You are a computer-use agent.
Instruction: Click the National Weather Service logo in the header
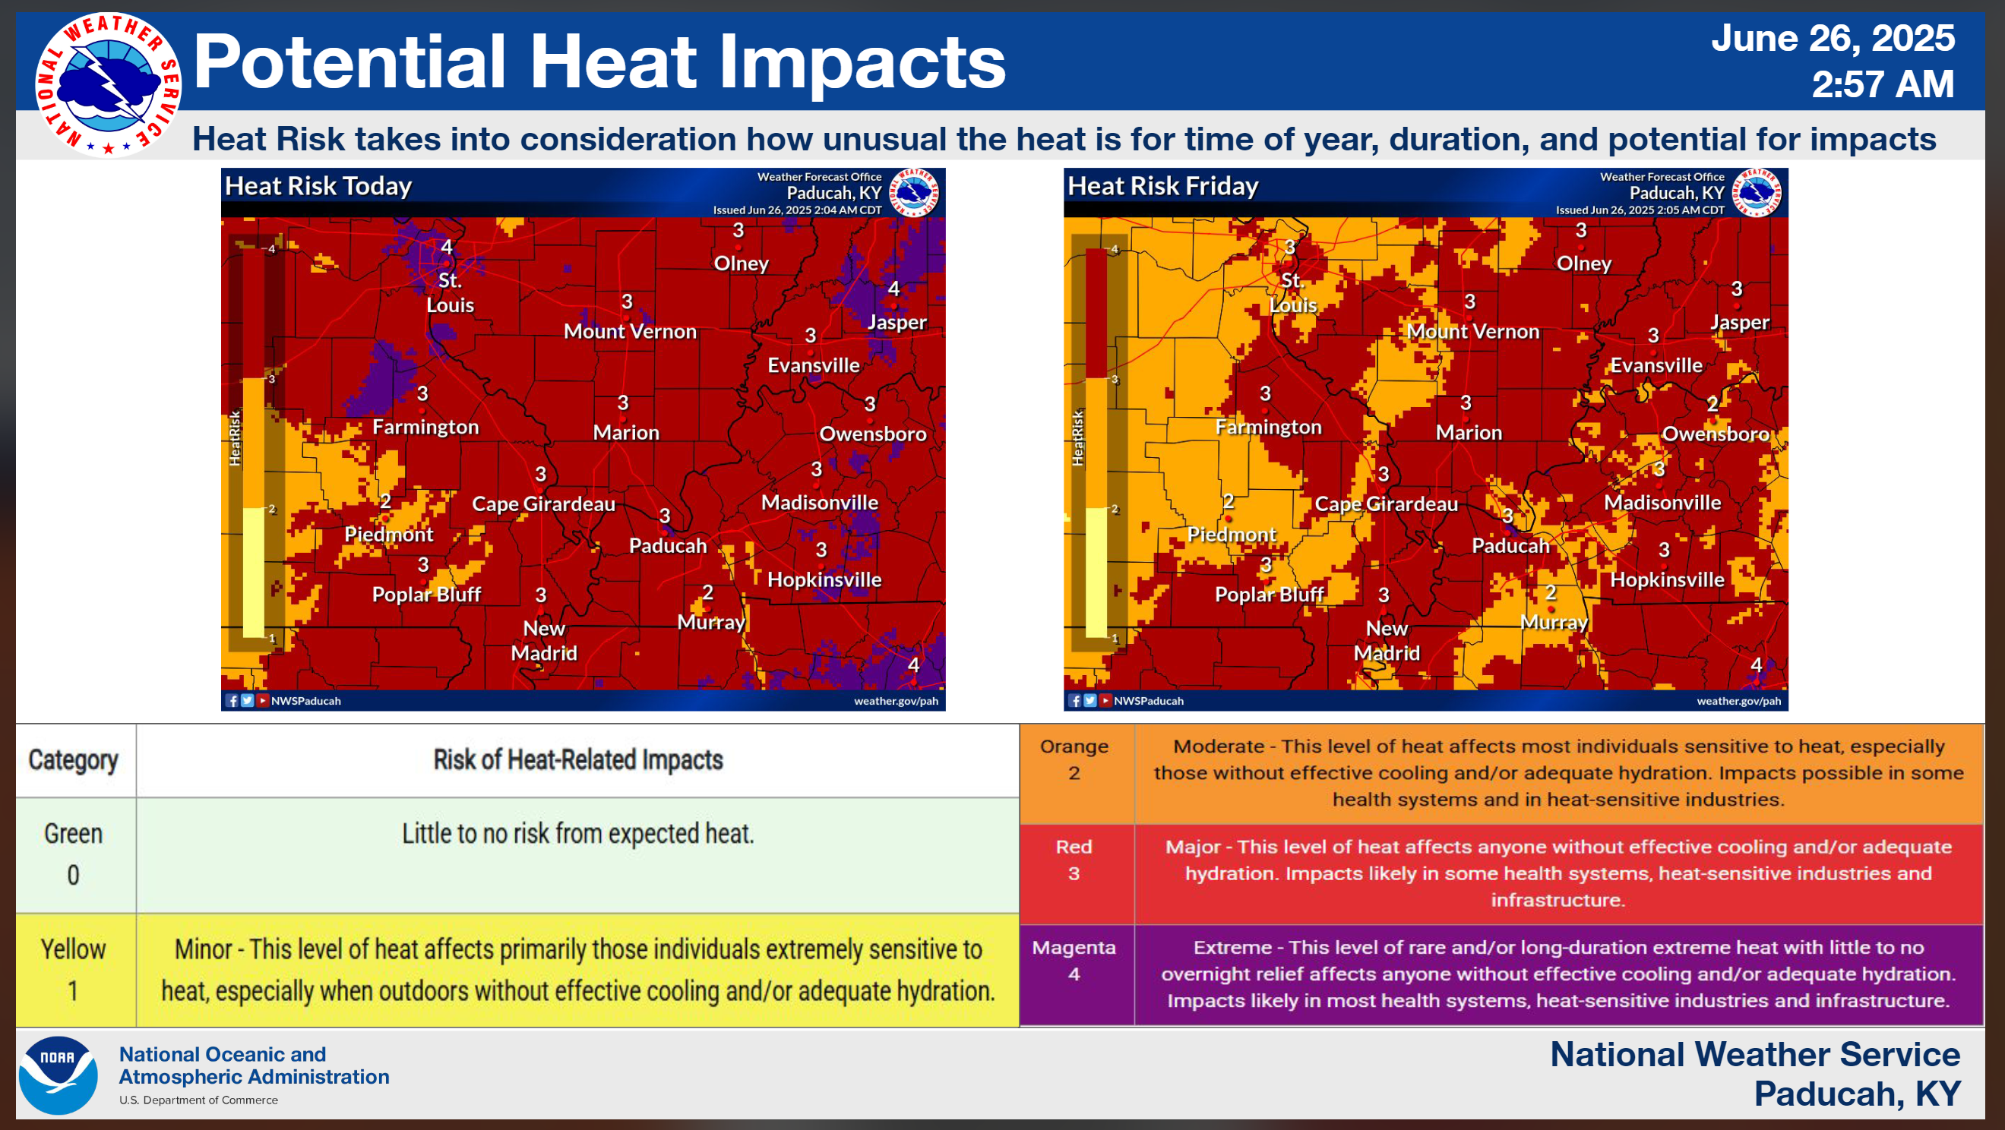pyautogui.click(x=108, y=84)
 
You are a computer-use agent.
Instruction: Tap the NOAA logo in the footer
pyautogui.click(x=59, y=1075)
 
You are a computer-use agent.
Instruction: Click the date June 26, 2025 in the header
pyautogui.click(x=1833, y=38)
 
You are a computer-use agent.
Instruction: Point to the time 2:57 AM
pyautogui.click(x=1883, y=84)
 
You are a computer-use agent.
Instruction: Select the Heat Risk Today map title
pyautogui.click(x=318, y=186)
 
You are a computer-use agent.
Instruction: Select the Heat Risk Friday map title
pyautogui.click(x=1163, y=186)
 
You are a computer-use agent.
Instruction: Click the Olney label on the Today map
pyautogui.click(x=741, y=263)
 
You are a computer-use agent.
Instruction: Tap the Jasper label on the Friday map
pyautogui.click(x=1740, y=322)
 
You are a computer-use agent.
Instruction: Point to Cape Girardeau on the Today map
pyautogui.click(x=543, y=504)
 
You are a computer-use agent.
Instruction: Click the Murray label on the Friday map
pyautogui.click(x=1554, y=623)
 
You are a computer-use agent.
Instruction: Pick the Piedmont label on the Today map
pyautogui.click(x=388, y=535)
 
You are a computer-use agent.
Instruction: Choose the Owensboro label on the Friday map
pyautogui.click(x=1716, y=434)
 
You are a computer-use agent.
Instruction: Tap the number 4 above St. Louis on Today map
pyautogui.click(x=447, y=247)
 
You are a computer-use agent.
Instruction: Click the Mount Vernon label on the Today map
pyautogui.click(x=630, y=332)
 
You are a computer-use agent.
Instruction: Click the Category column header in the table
pyautogui.click(x=73, y=759)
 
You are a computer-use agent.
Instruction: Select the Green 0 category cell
pyautogui.click(x=74, y=854)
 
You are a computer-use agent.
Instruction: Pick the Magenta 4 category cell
pyautogui.click(x=1074, y=961)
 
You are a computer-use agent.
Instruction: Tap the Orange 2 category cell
pyautogui.click(x=1074, y=759)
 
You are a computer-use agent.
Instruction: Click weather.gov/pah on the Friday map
pyautogui.click(x=1738, y=700)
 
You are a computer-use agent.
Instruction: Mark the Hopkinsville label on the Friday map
pyautogui.click(x=1667, y=579)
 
